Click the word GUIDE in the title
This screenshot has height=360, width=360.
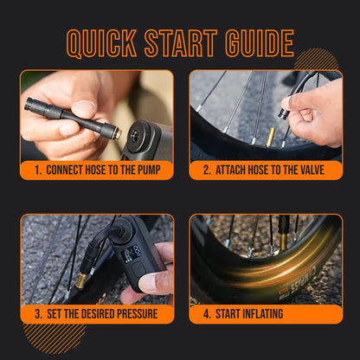pyautogui.click(x=256, y=43)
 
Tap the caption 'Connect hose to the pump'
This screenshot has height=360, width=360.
pyautogui.click(x=97, y=170)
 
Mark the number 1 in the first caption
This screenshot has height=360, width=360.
pyautogui.click(x=38, y=170)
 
